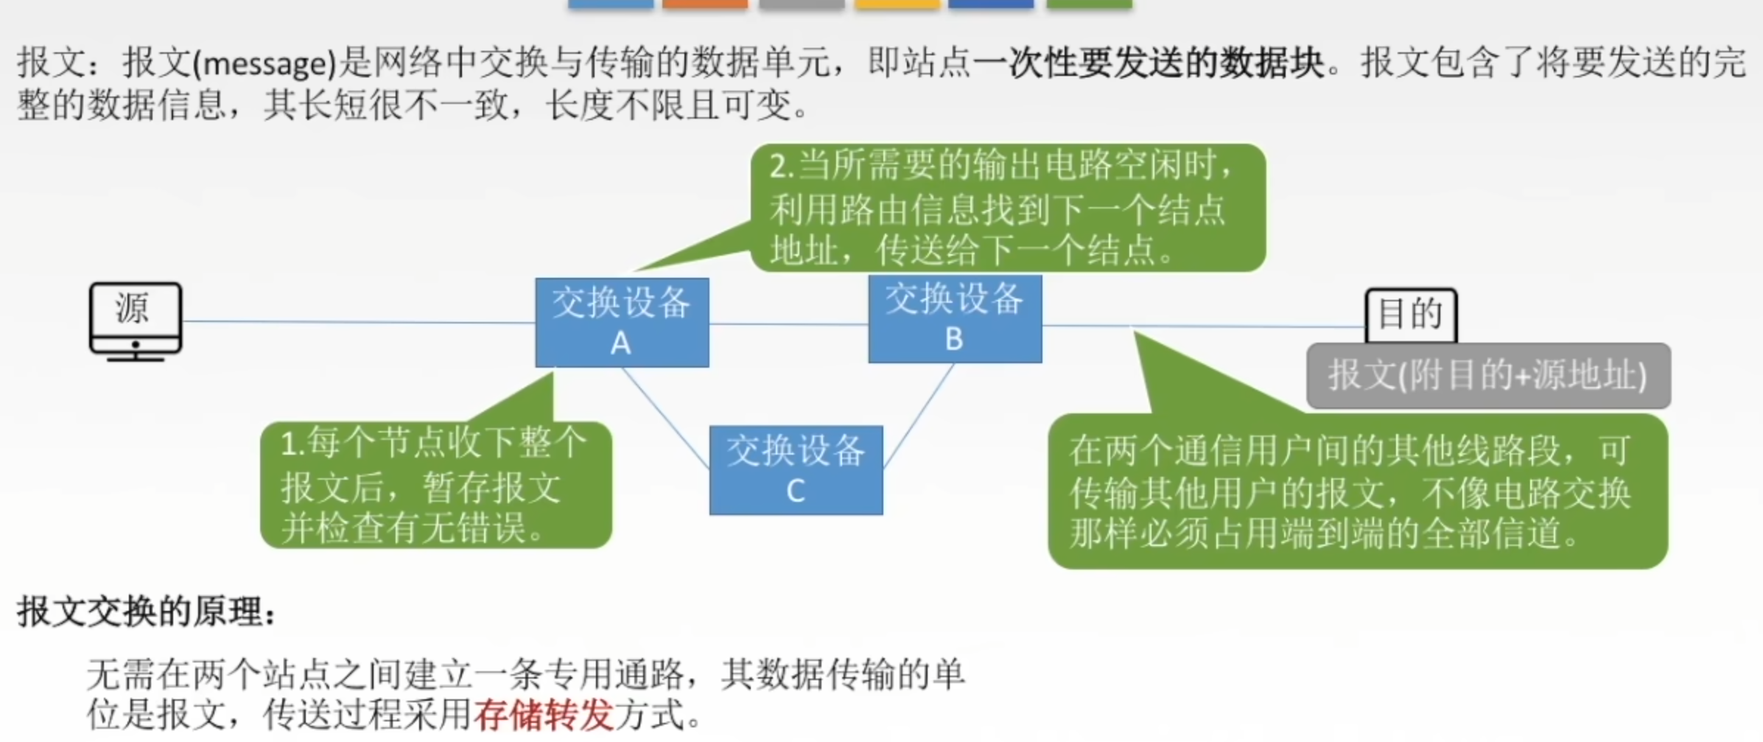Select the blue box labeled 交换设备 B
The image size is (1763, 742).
pyautogui.click(x=955, y=318)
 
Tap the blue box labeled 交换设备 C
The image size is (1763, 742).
pyautogui.click(x=796, y=469)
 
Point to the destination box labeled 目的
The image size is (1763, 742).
pyautogui.click(x=1411, y=315)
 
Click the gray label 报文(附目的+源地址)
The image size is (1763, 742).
pyautogui.click(x=1487, y=376)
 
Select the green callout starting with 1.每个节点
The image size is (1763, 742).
pyautogui.click(x=435, y=485)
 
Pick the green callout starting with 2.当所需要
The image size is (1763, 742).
pyautogui.click(x=1007, y=208)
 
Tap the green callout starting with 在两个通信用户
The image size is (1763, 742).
pyautogui.click(x=1357, y=491)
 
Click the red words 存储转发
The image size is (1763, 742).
pyautogui.click(x=543, y=714)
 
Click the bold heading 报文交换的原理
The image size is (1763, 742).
pyautogui.click(x=146, y=612)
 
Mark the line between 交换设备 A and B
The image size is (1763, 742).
pyautogui.click(x=788, y=323)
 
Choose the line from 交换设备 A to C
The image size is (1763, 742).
pyautogui.click(x=666, y=418)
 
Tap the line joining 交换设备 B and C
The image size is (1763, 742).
pyautogui.click(x=918, y=416)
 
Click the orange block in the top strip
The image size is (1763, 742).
pyautogui.click(x=704, y=4)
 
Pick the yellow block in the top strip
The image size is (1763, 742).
pyautogui.click(x=897, y=4)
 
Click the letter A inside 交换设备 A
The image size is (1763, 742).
pyautogui.click(x=620, y=343)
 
